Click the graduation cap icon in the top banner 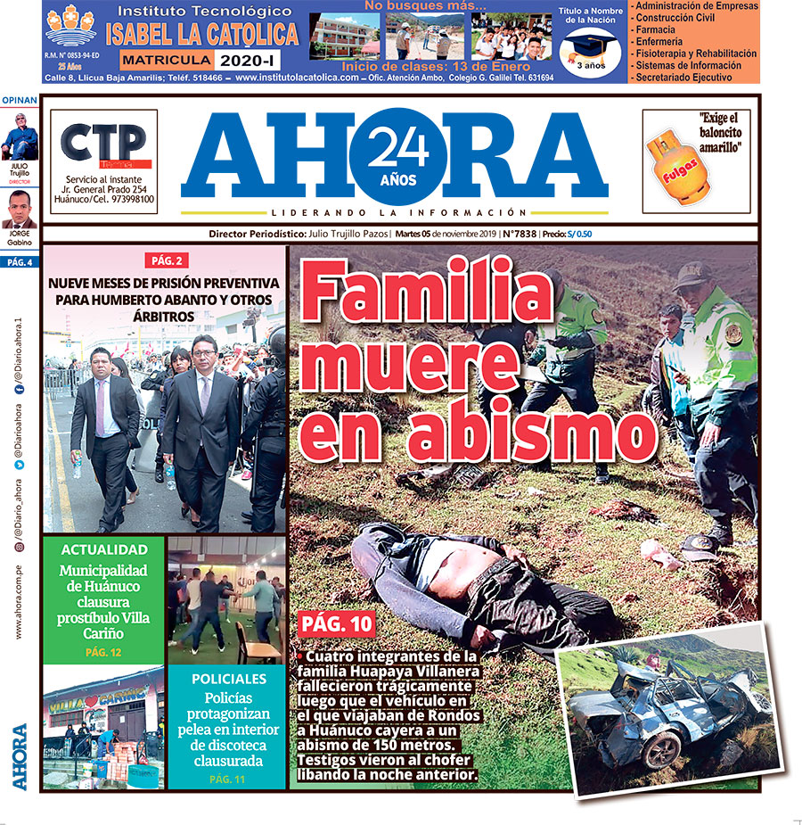click(588, 47)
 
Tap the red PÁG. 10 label click(337, 623)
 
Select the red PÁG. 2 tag click(166, 260)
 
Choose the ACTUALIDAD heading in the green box click(103, 549)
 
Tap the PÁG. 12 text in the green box click(103, 652)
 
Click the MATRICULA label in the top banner click(167, 60)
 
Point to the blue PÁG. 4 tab click(20, 262)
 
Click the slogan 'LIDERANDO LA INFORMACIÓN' click(394, 213)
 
